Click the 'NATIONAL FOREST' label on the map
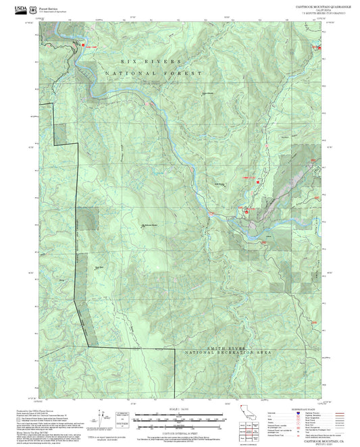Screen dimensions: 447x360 [x=152, y=73]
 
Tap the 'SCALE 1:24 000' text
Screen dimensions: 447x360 [x=180, y=409]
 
